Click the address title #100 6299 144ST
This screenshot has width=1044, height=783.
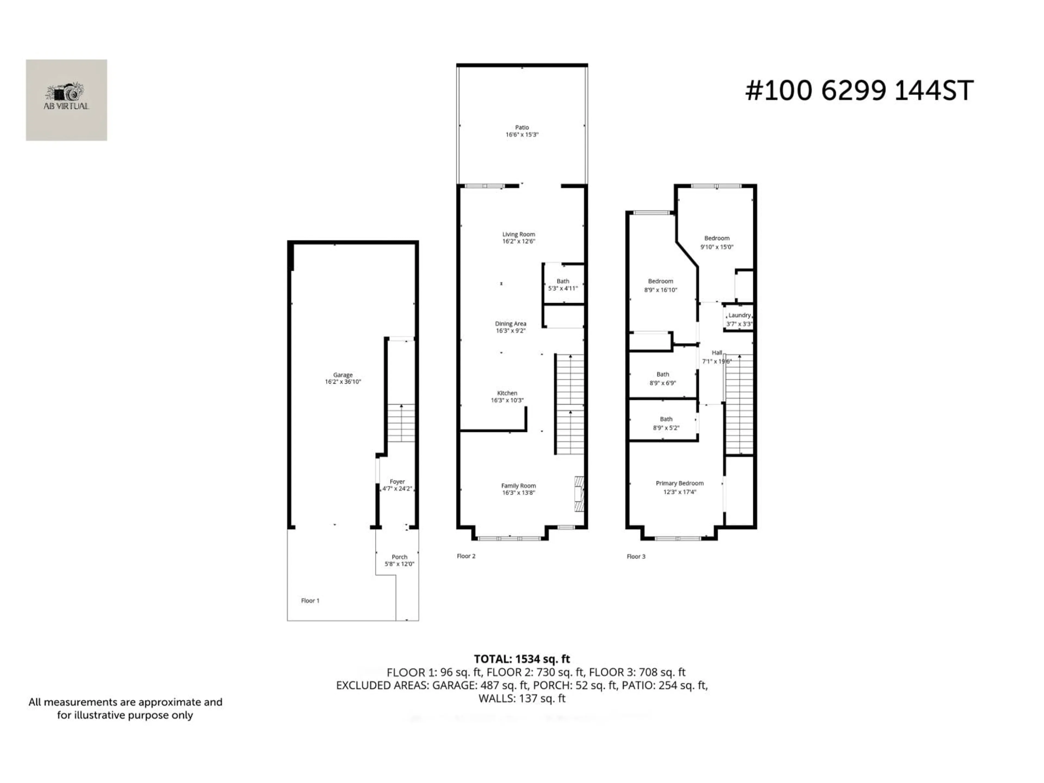point(859,91)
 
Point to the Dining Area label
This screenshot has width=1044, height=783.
point(510,324)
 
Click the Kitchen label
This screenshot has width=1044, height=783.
point(507,393)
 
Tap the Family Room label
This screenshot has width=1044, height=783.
point(518,486)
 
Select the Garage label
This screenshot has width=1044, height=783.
point(343,375)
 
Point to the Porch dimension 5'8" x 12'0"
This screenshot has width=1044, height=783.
point(399,564)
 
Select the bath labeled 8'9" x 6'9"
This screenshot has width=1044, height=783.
point(663,378)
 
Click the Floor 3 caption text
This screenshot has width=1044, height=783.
point(636,557)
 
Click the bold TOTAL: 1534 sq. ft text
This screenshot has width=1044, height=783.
point(521,659)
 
